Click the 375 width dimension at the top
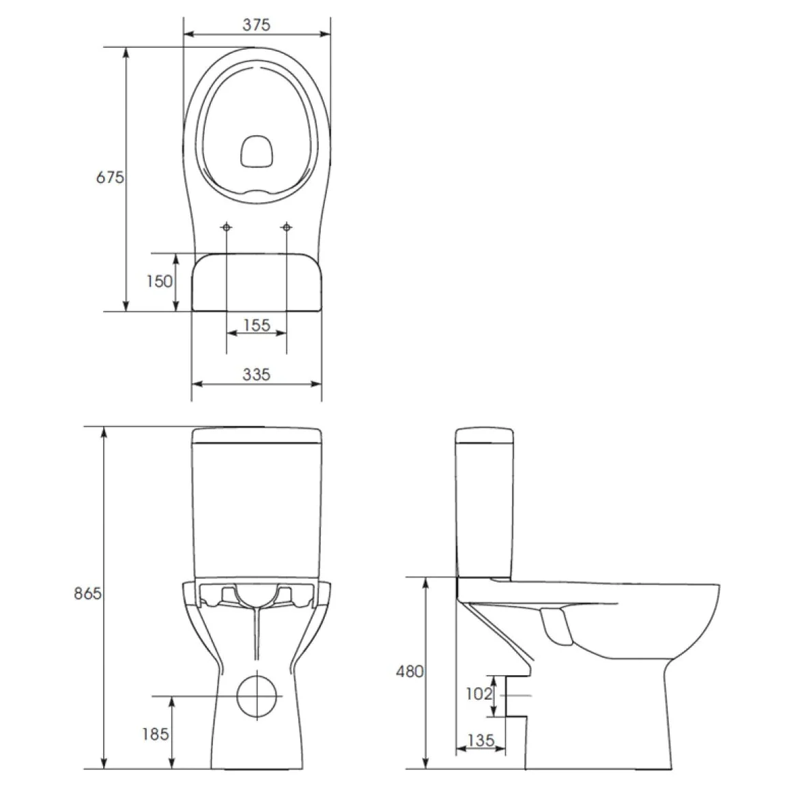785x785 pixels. pos(257,25)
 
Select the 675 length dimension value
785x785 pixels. pos(109,177)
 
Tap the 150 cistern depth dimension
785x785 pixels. pos(160,281)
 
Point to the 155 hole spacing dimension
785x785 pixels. pos(257,325)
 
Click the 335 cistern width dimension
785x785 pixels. pos(257,374)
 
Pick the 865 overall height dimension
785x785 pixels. pos(88,593)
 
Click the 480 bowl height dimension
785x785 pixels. pos(410,671)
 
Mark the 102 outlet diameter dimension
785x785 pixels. pos(479,694)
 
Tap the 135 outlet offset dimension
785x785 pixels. pos(481,740)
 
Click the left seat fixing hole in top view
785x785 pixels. pos(227,227)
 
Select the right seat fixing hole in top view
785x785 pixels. pos(287,227)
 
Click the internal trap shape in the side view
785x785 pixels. pos(557,625)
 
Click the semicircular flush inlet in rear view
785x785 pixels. pos(257,595)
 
